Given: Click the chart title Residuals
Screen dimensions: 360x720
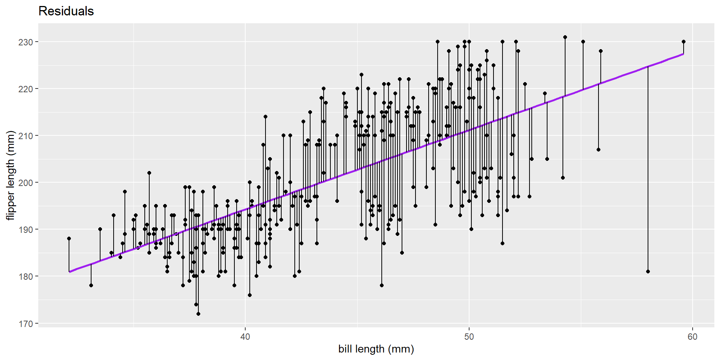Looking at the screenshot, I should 66,11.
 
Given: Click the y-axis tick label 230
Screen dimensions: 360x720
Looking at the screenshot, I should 26,42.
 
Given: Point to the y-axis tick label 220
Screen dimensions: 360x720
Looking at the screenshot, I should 26,89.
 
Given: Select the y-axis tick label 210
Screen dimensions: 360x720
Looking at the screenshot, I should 26,136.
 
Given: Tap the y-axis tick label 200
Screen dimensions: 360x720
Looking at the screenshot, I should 26,183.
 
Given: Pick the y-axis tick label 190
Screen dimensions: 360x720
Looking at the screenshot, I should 26,229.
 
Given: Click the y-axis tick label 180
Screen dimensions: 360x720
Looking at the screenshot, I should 26,276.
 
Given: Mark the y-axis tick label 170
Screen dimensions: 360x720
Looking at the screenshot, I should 26,323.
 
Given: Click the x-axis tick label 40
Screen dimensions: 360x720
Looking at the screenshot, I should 245,337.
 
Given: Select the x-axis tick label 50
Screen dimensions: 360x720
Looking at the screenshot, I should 469,337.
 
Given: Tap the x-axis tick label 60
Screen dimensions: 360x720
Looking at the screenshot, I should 693,337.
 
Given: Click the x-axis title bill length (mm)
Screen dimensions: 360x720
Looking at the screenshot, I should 376,349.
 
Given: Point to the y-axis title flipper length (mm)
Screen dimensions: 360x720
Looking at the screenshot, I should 10,175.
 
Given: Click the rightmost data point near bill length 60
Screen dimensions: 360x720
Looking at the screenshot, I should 684,42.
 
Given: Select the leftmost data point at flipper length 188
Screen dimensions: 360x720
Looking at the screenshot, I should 69,238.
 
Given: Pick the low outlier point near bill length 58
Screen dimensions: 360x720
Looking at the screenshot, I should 648,271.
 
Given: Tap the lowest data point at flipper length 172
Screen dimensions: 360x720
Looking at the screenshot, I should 198,314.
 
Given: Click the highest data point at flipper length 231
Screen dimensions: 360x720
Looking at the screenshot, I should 565,37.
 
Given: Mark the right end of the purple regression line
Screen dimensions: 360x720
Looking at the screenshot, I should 684,54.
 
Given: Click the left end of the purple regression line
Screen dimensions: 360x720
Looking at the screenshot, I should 69,272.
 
